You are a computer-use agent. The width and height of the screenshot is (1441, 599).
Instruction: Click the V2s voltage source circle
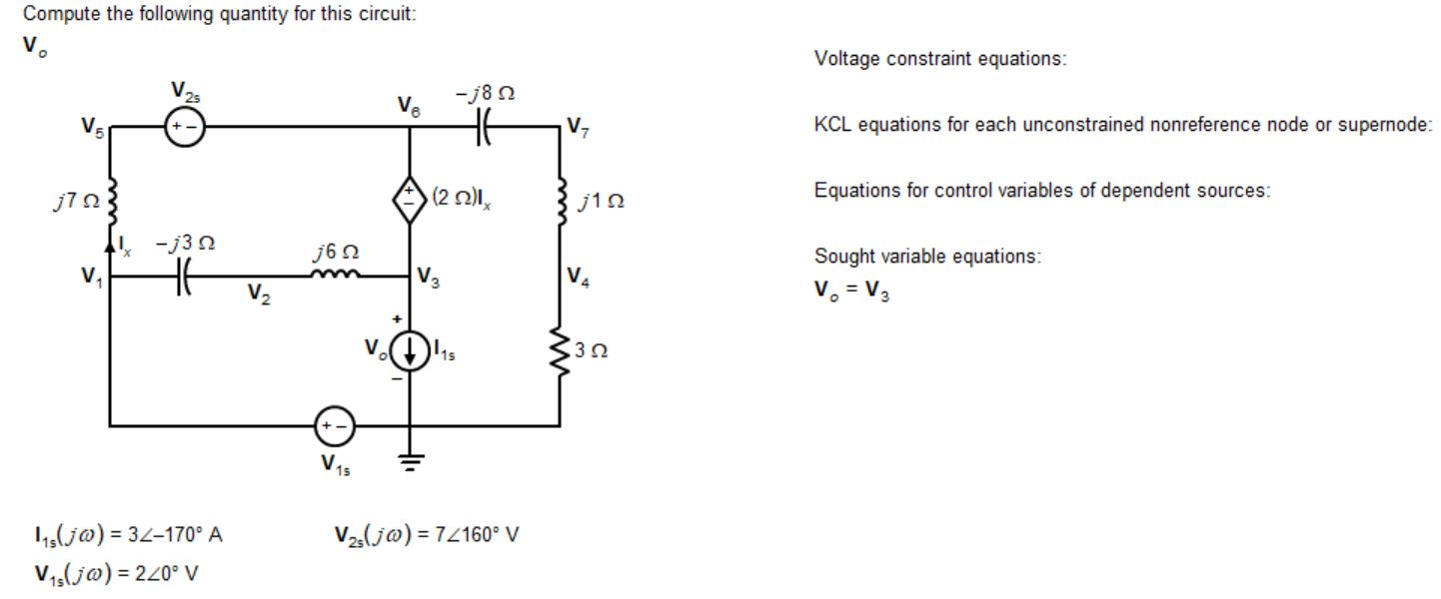184,128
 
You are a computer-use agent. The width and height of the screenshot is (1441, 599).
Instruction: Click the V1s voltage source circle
333,426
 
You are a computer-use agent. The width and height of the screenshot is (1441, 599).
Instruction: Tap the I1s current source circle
410,348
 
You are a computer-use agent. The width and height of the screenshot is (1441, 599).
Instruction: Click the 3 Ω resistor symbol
558,351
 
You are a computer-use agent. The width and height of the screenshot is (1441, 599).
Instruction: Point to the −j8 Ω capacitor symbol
484,128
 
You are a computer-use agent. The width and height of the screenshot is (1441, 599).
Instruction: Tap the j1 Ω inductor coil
558,202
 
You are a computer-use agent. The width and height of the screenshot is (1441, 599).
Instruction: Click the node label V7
577,127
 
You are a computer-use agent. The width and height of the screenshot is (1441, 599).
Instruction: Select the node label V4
577,276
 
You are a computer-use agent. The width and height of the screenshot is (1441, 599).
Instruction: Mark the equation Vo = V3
850,292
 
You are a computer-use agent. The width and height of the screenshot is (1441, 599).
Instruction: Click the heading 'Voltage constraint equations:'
940,59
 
